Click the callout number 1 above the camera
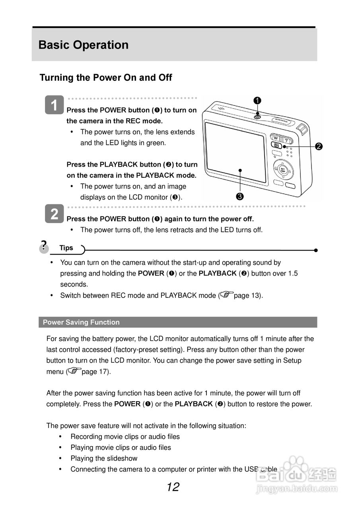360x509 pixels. (257, 101)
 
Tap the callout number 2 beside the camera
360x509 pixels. (318, 146)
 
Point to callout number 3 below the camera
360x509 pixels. (240, 196)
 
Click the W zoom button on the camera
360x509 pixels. (275, 140)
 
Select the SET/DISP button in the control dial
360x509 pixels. (282, 169)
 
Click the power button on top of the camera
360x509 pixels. (257, 116)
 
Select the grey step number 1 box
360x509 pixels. (54, 105)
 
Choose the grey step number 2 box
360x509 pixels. (54, 214)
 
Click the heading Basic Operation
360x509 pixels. (84, 45)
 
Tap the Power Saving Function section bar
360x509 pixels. (178, 322)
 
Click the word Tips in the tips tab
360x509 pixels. (66, 248)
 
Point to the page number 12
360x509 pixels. (173, 487)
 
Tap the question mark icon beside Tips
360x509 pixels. (44, 245)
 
